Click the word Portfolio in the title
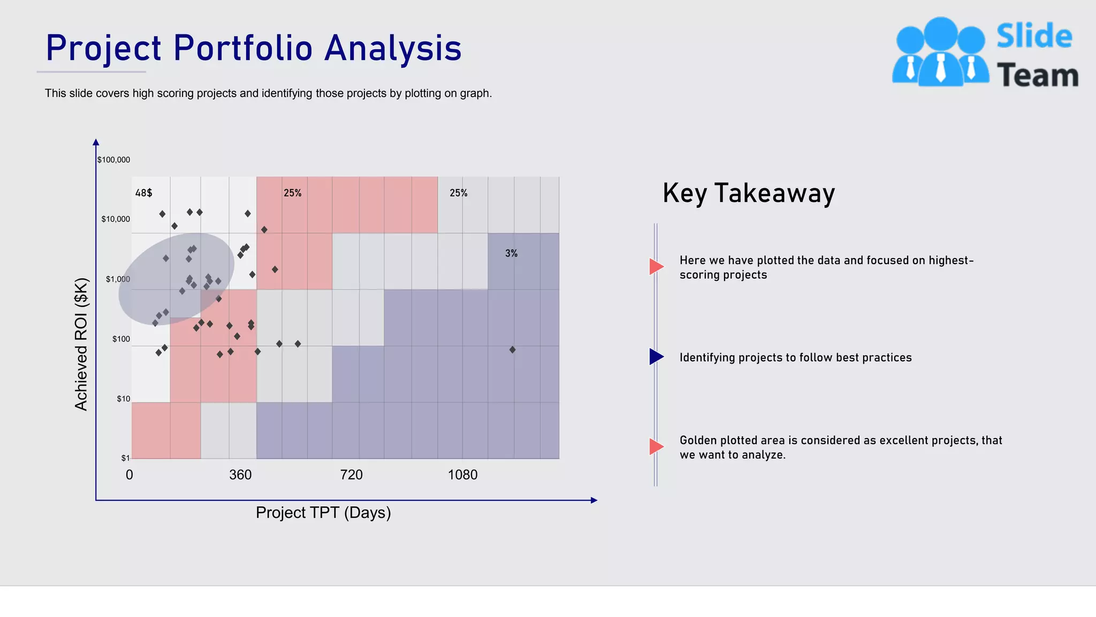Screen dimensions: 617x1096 point(243,48)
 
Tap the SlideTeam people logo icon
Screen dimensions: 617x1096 point(940,52)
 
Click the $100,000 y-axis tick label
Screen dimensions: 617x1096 point(113,160)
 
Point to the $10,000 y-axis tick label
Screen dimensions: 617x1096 point(116,219)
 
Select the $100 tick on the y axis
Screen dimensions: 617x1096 point(121,339)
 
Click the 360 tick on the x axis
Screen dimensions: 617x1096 point(240,475)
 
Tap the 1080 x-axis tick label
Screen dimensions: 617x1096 point(462,475)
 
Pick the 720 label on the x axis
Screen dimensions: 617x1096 point(351,475)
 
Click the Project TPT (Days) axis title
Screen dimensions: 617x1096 point(323,513)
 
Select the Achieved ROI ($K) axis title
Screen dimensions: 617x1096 point(81,344)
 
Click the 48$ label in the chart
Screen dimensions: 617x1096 point(143,193)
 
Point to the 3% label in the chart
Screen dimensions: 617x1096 point(511,253)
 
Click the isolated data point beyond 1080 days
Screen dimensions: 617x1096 point(512,350)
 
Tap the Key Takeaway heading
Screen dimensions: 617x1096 point(748,193)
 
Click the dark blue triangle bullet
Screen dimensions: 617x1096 point(656,357)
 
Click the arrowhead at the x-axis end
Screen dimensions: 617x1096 point(593,500)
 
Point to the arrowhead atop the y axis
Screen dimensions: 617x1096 point(96,142)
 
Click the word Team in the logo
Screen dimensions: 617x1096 point(1037,76)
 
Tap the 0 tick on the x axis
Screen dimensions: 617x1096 point(129,475)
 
